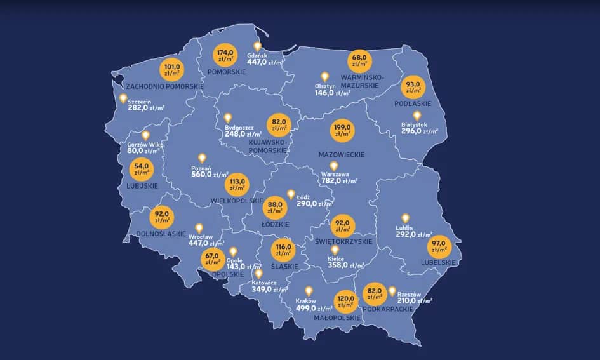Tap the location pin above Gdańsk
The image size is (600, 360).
pyautogui.click(x=258, y=46)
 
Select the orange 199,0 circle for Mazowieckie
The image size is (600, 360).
pyautogui.click(x=343, y=131)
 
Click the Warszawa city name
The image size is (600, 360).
pyautogui.click(x=335, y=173)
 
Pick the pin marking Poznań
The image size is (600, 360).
pyautogui.click(x=203, y=158)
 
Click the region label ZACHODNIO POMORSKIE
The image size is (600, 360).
pyautogui.click(x=164, y=86)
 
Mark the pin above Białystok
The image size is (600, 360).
pyautogui.click(x=417, y=116)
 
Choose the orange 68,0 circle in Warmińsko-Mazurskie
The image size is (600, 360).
pyautogui.click(x=360, y=61)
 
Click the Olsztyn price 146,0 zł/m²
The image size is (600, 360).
pyautogui.click(x=333, y=93)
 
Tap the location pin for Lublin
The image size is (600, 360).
pyautogui.click(x=405, y=218)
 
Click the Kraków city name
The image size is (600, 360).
pyautogui.click(x=306, y=301)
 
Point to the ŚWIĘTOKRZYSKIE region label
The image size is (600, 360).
pyautogui.click(x=343, y=242)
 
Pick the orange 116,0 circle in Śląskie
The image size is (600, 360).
pyautogui.click(x=283, y=250)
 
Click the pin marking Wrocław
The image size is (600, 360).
pyautogui.click(x=199, y=228)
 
